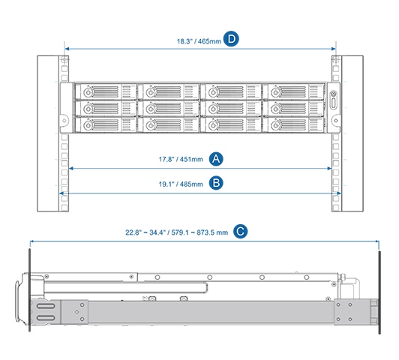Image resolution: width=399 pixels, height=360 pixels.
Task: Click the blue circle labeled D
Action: (231, 39)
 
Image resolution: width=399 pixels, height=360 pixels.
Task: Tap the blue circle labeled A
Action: (216, 159)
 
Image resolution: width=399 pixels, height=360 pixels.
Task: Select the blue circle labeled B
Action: (216, 183)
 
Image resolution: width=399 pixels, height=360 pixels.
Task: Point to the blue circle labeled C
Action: (240, 232)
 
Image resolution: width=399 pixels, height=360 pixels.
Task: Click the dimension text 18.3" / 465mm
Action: (199, 41)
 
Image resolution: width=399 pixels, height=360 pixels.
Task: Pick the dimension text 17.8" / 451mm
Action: (181, 160)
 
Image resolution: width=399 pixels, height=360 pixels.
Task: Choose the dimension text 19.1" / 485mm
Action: (181, 184)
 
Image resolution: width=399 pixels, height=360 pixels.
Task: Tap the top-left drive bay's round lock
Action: (88, 92)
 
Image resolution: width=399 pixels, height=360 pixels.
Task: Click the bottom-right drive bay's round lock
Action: (275, 125)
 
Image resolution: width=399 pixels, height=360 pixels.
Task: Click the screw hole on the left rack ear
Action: (64, 120)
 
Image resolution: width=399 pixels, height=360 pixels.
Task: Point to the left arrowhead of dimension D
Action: (67, 49)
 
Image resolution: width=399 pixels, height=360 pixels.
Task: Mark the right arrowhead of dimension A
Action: (329, 169)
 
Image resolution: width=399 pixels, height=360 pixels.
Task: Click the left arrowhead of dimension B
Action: (61, 193)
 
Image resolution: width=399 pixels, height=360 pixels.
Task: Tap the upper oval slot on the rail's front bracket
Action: (46, 306)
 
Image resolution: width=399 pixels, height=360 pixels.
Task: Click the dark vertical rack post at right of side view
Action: (379, 292)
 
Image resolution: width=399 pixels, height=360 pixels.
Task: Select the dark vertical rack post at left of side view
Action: (30, 289)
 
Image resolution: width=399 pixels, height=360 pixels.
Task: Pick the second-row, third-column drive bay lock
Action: (213, 109)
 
